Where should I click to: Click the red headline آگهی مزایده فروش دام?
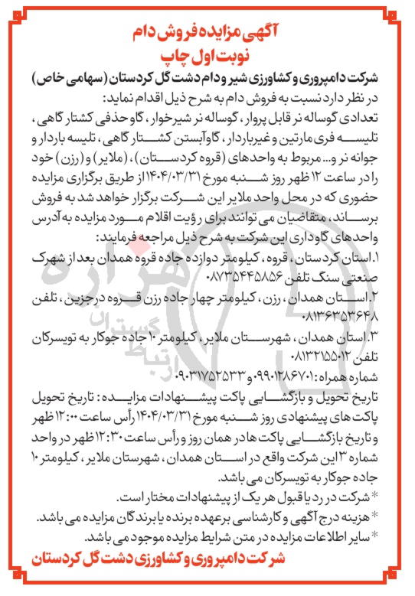coord(207,31)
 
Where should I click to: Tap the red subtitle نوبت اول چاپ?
coord(207,57)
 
